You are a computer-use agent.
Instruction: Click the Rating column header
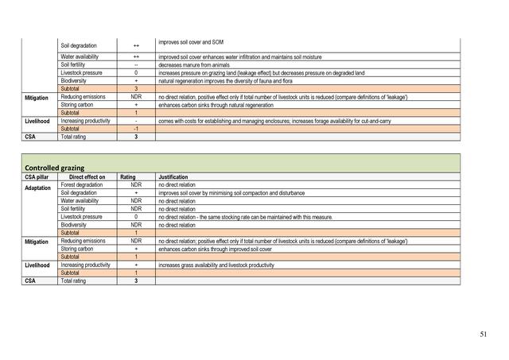click(x=136, y=177)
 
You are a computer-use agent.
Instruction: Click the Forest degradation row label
click(x=84, y=184)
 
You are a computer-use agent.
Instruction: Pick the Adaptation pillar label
click(x=37, y=192)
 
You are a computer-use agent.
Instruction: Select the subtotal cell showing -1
click(x=136, y=128)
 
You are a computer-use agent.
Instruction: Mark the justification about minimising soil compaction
click(x=230, y=192)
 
